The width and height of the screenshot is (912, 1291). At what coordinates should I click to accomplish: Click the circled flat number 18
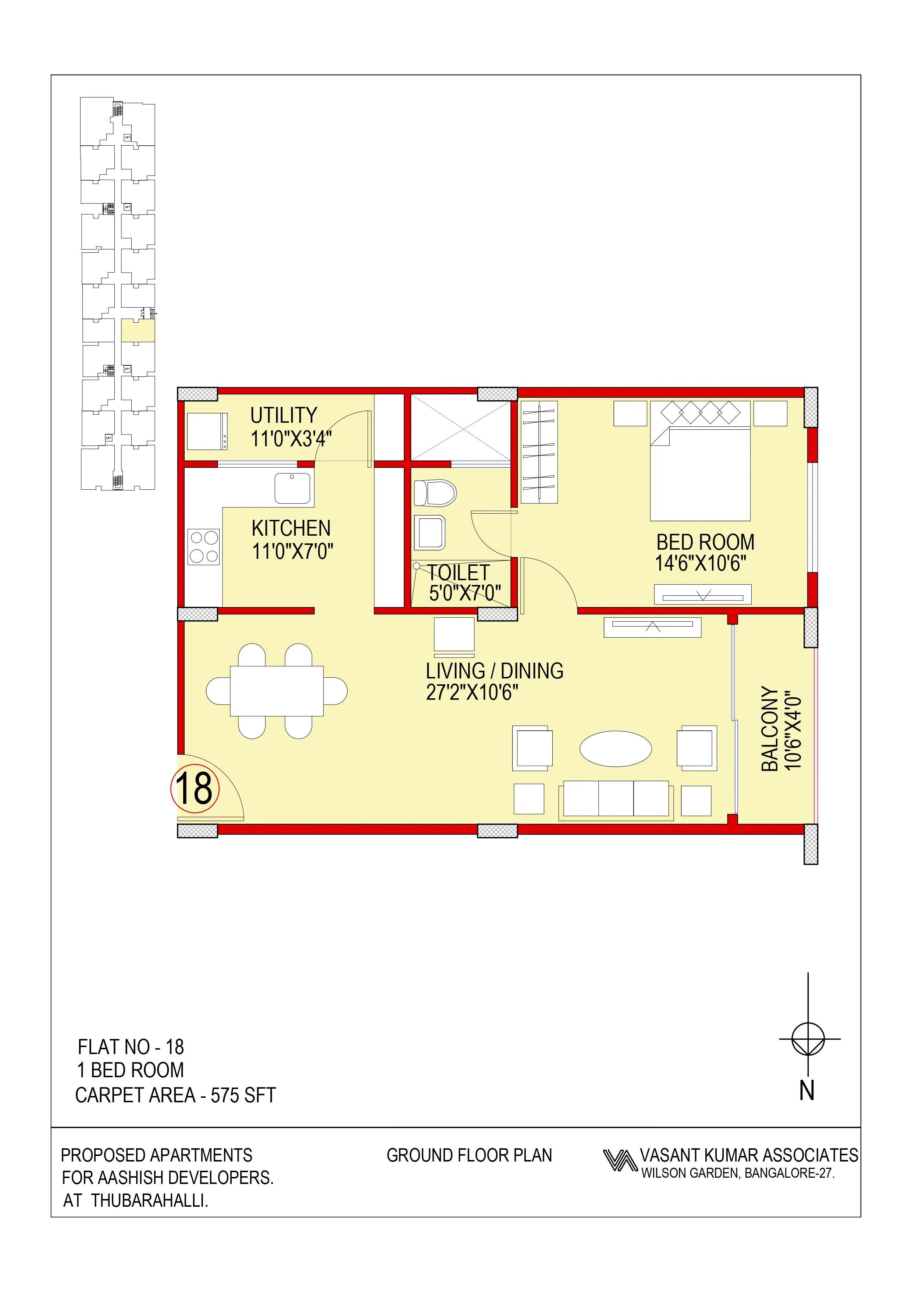pos(195,789)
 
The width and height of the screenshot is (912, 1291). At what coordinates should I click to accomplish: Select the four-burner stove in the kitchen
pos(203,547)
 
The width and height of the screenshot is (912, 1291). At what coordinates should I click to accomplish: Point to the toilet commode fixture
pos(434,493)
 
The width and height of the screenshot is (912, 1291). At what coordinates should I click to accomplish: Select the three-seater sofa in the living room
pos(616,799)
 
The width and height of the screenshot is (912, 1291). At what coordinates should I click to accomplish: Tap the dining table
pos(277,691)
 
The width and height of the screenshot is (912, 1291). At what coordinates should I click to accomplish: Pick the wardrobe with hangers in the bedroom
pos(539,452)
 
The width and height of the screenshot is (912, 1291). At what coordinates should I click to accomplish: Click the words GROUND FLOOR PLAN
pos(469,1156)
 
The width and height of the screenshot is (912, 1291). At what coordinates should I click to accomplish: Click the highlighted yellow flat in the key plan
pos(138,331)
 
